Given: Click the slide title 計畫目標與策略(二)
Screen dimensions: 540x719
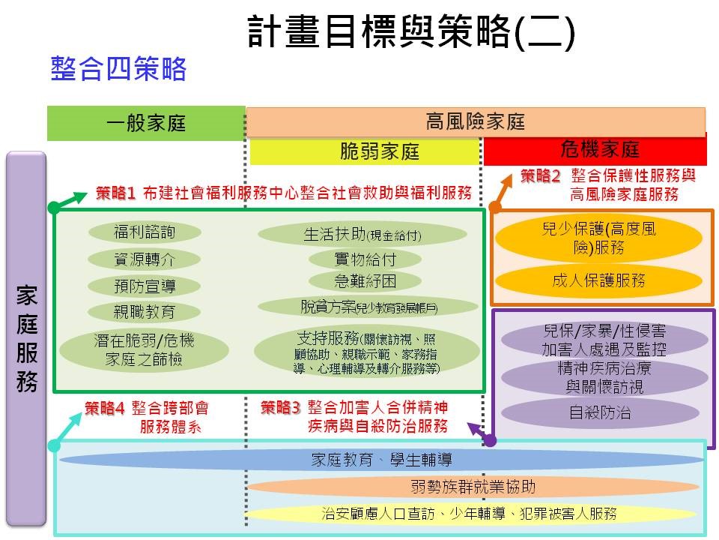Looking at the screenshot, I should click(411, 33).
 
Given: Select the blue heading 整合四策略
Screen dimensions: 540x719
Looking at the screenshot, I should click(118, 70).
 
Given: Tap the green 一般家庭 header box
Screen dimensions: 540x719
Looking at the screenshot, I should click(146, 123).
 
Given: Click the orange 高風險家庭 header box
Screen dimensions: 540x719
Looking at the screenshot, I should click(476, 121).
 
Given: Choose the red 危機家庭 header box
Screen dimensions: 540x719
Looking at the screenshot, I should click(595, 149).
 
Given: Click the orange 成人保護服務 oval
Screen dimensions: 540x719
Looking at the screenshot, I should click(598, 281).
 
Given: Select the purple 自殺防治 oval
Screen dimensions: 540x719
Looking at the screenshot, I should click(598, 412).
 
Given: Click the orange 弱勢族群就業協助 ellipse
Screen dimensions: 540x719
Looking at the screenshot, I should click(473, 487).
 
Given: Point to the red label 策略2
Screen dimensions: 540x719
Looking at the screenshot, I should click(541, 177).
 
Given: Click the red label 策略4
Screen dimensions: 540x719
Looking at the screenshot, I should click(105, 409).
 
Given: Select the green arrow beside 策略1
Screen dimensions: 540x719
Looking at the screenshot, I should click(69, 199).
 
